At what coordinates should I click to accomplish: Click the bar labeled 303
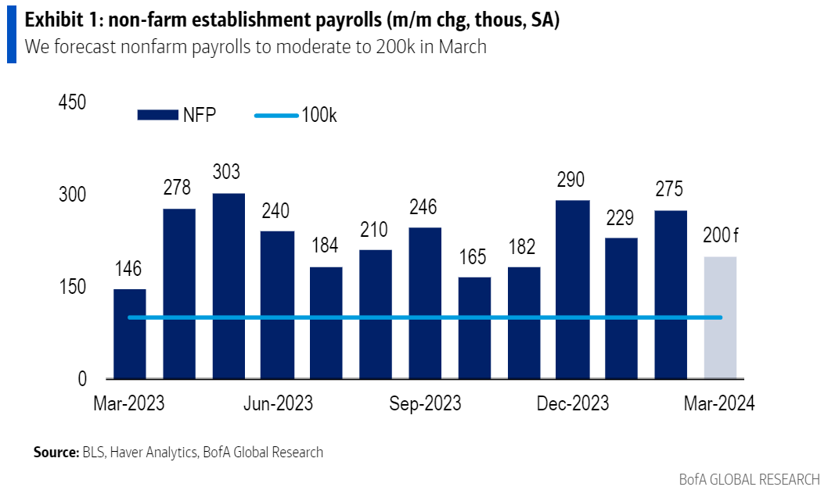point(228,286)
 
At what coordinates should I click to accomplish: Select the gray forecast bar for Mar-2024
point(720,317)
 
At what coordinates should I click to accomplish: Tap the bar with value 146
point(129,334)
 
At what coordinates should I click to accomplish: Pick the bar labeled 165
point(474,328)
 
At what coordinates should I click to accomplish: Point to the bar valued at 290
point(573,289)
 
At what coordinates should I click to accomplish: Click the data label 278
point(178,188)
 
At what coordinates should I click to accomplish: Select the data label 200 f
point(720,234)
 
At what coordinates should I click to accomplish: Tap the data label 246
point(425,207)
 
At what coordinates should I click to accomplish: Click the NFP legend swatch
point(158,116)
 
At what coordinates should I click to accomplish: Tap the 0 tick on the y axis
point(81,379)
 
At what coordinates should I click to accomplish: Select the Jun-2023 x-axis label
point(278,403)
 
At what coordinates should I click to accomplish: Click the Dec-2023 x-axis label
point(573,403)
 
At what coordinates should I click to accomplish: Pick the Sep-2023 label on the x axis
point(425,403)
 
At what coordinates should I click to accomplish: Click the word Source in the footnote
point(55,452)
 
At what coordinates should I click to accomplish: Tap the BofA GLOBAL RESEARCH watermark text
point(749,478)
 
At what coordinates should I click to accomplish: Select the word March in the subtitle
point(462,47)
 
